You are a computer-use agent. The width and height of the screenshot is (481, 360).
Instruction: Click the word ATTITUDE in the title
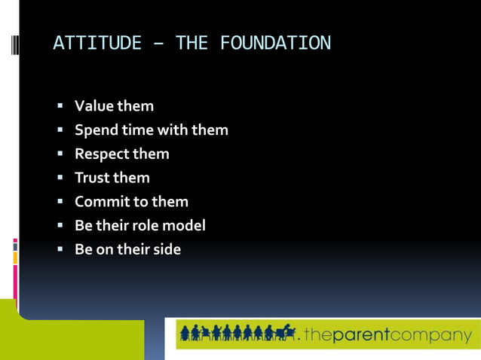[97, 44]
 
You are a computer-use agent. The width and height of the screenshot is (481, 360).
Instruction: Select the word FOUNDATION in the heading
[275, 44]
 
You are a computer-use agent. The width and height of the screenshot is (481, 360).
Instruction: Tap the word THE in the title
[191, 44]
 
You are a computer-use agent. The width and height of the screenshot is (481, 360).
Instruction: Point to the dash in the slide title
[158, 44]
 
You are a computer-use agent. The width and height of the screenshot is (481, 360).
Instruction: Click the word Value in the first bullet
[93, 106]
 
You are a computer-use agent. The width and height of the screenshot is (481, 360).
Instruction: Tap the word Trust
[92, 178]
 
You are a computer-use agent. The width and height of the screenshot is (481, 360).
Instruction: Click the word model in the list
[184, 226]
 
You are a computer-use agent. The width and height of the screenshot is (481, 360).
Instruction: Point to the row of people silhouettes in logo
[237, 333]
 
